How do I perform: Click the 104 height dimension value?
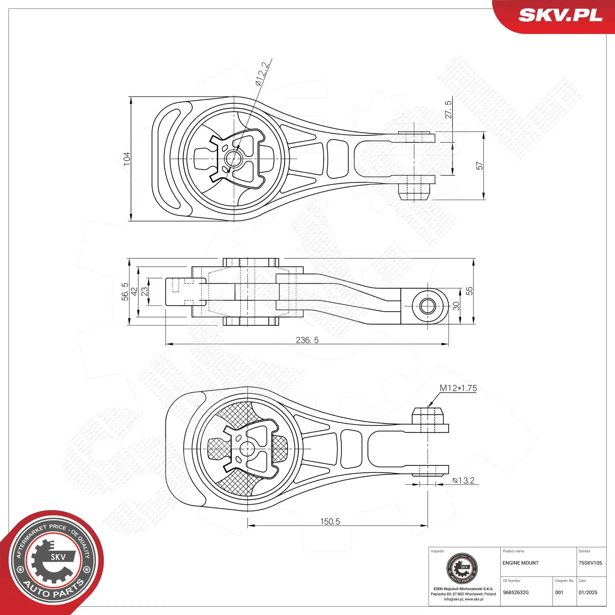[x=127, y=159]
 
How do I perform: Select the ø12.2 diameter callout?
[x=263, y=74]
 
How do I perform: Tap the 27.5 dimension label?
[x=448, y=109]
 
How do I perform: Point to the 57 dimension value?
[x=479, y=166]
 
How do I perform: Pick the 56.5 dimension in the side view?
[x=125, y=292]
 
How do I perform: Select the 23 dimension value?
[x=144, y=292]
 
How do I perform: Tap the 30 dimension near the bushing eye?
[x=456, y=306]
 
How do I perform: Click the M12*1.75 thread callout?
[x=458, y=388]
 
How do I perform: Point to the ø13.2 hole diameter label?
[x=463, y=480]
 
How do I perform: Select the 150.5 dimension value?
[x=330, y=522]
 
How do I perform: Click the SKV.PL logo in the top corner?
[x=560, y=15]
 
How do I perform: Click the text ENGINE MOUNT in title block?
[x=521, y=563]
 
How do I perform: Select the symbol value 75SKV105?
[x=590, y=563]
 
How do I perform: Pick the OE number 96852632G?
[x=516, y=592]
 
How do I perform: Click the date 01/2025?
[x=588, y=592]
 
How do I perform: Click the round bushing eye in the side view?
[x=428, y=306]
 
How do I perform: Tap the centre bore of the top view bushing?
[x=234, y=158]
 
